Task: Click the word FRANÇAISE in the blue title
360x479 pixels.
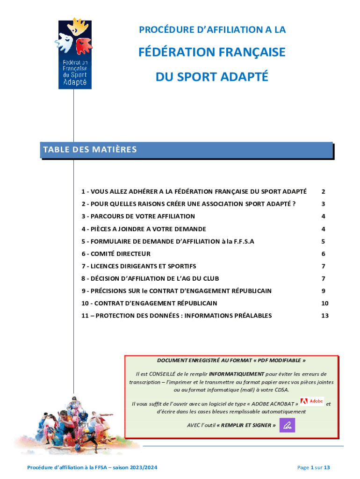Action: pyautogui.click(x=248, y=52)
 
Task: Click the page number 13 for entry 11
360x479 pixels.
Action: pyautogui.click(x=324, y=316)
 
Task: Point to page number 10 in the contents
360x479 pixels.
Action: pyautogui.click(x=324, y=303)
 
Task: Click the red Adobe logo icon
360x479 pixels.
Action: pyautogui.click(x=312, y=401)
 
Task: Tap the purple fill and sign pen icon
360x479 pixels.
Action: pyautogui.click(x=287, y=425)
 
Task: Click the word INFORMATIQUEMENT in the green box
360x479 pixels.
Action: pyautogui.click(x=236, y=374)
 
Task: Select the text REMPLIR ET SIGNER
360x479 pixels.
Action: pyautogui.click(x=246, y=425)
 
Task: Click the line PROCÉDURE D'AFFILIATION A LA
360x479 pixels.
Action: pyautogui.click(x=212, y=30)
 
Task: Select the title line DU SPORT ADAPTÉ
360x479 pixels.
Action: pyautogui.click(x=212, y=77)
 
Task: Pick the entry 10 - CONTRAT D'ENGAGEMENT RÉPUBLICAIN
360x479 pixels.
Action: pyautogui.click(x=149, y=303)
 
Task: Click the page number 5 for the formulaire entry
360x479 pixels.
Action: pyautogui.click(x=323, y=241)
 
